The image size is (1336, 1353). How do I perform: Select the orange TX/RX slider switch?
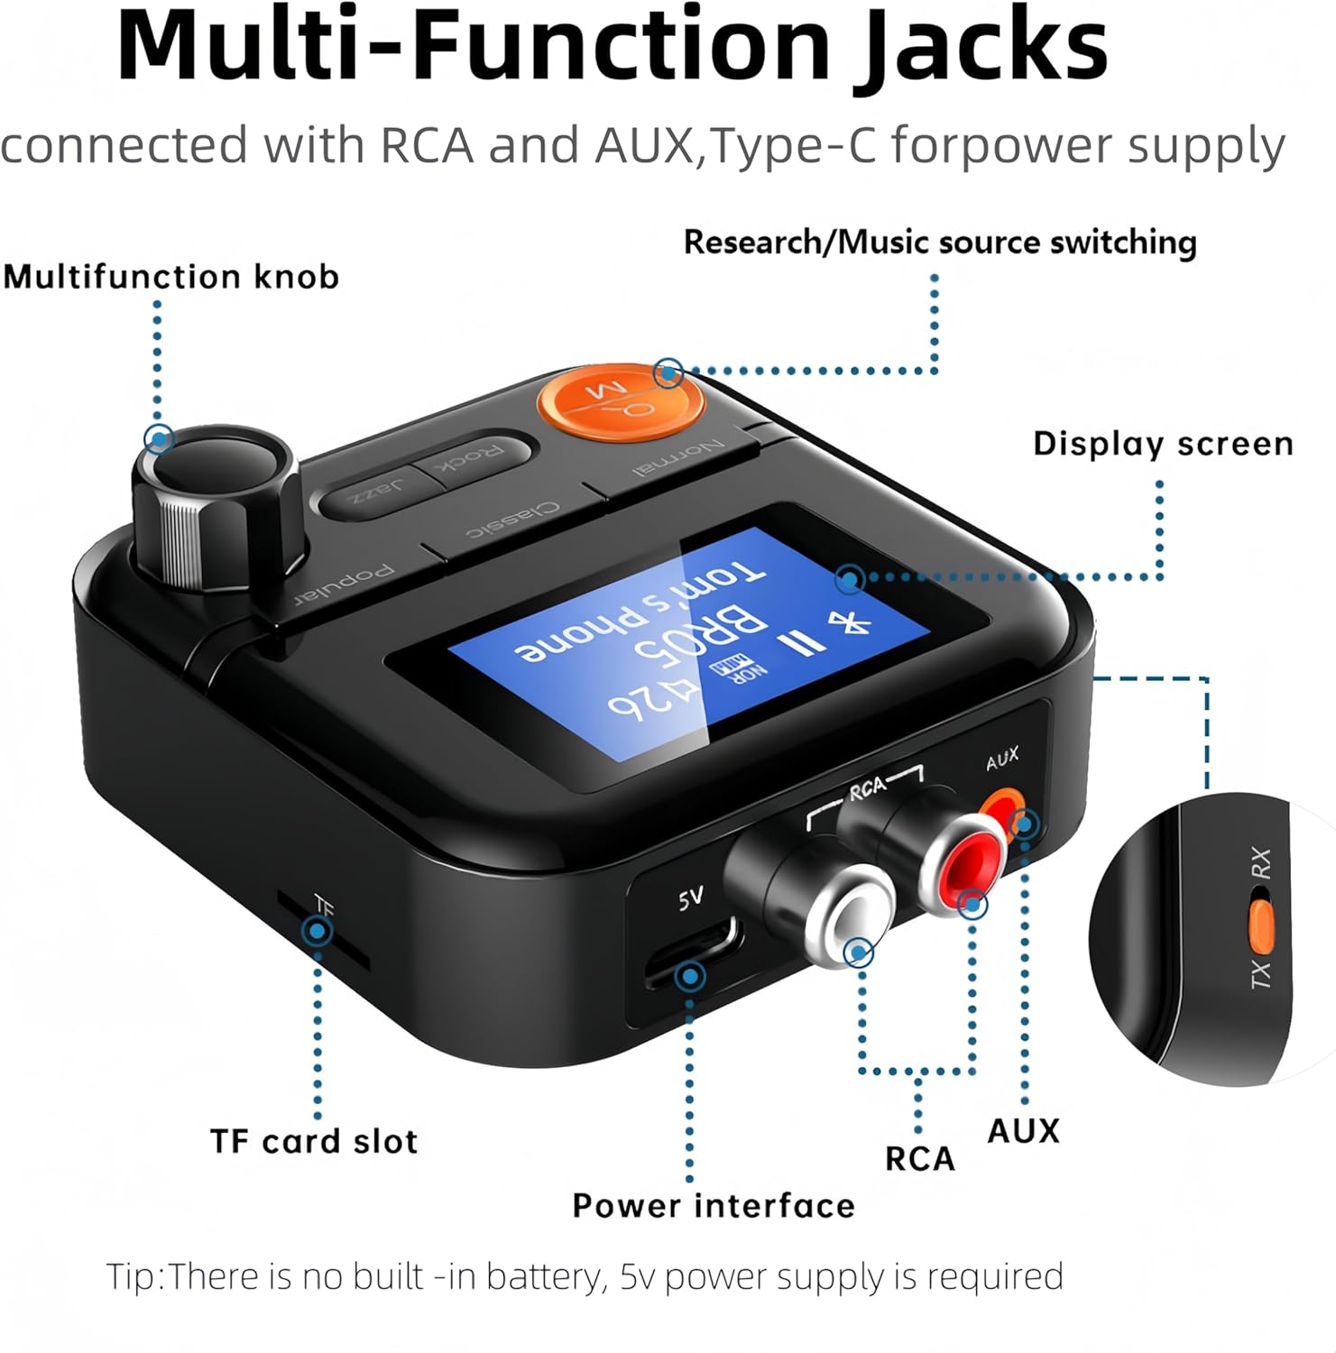pos(1261,925)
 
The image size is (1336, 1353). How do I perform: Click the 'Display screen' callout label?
pos(1163,444)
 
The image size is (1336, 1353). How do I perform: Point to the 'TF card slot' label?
pos(314,1141)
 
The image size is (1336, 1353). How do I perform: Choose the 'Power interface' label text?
pos(713,1206)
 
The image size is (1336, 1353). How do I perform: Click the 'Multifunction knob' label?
pos(171,276)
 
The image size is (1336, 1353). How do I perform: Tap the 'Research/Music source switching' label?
pos(940,242)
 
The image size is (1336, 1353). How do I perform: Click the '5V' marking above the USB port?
pos(690,897)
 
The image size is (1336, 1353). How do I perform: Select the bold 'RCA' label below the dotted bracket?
pos(919,1158)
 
